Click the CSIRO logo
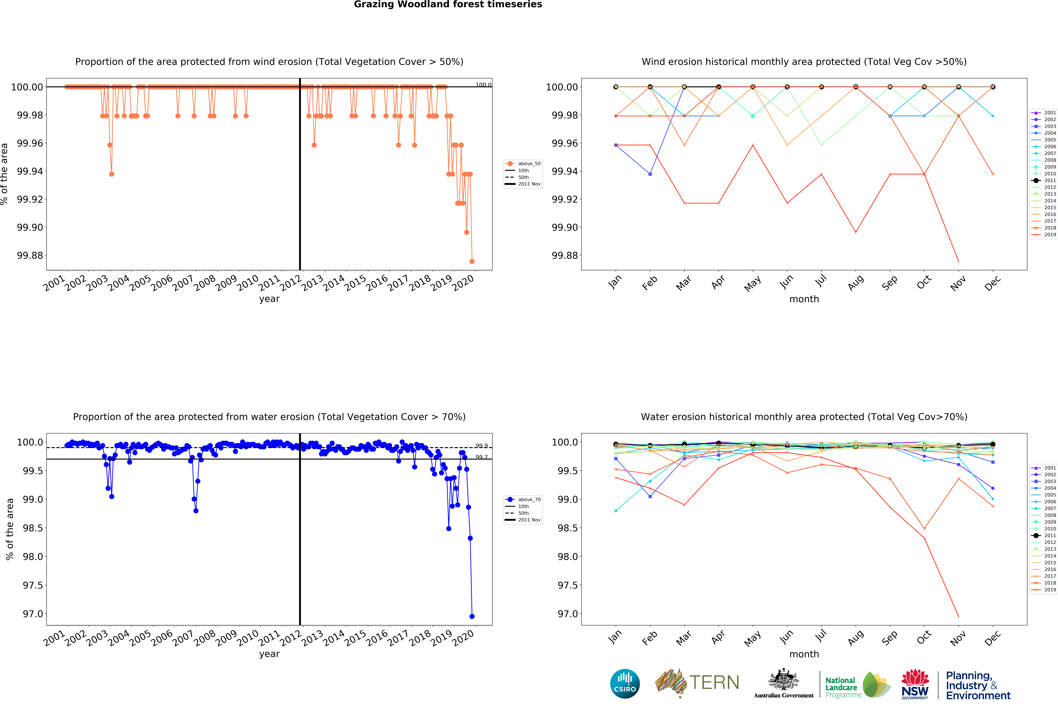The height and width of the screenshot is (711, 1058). tap(625, 683)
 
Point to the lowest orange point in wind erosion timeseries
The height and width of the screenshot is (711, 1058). tap(472, 261)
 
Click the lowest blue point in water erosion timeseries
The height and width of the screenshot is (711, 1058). tap(472, 616)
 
